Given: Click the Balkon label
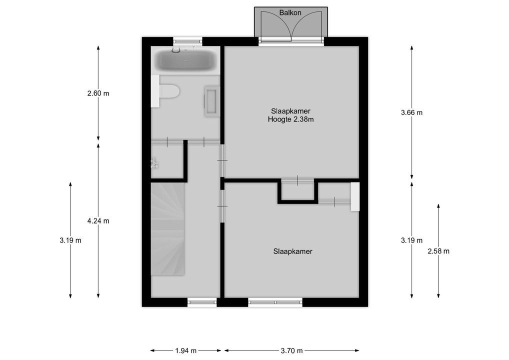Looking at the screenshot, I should (x=290, y=12).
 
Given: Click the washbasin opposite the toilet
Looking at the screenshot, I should (x=211, y=101).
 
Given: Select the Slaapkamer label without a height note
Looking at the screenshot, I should (x=292, y=251).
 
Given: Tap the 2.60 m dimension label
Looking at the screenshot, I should (x=98, y=93).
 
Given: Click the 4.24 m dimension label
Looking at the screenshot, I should (x=98, y=221).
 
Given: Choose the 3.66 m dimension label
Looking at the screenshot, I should (x=411, y=112).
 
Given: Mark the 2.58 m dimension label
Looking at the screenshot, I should (x=438, y=251).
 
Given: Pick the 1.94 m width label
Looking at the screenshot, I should (x=186, y=350).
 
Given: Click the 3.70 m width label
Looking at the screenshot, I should (x=291, y=350).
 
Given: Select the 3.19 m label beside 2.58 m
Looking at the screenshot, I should (x=411, y=240).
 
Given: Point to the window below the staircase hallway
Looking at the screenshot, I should (x=202, y=301).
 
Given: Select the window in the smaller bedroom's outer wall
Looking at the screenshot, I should (x=275, y=301).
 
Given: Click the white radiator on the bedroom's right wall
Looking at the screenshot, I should (x=355, y=196).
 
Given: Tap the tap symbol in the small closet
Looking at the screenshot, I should (x=154, y=162).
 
